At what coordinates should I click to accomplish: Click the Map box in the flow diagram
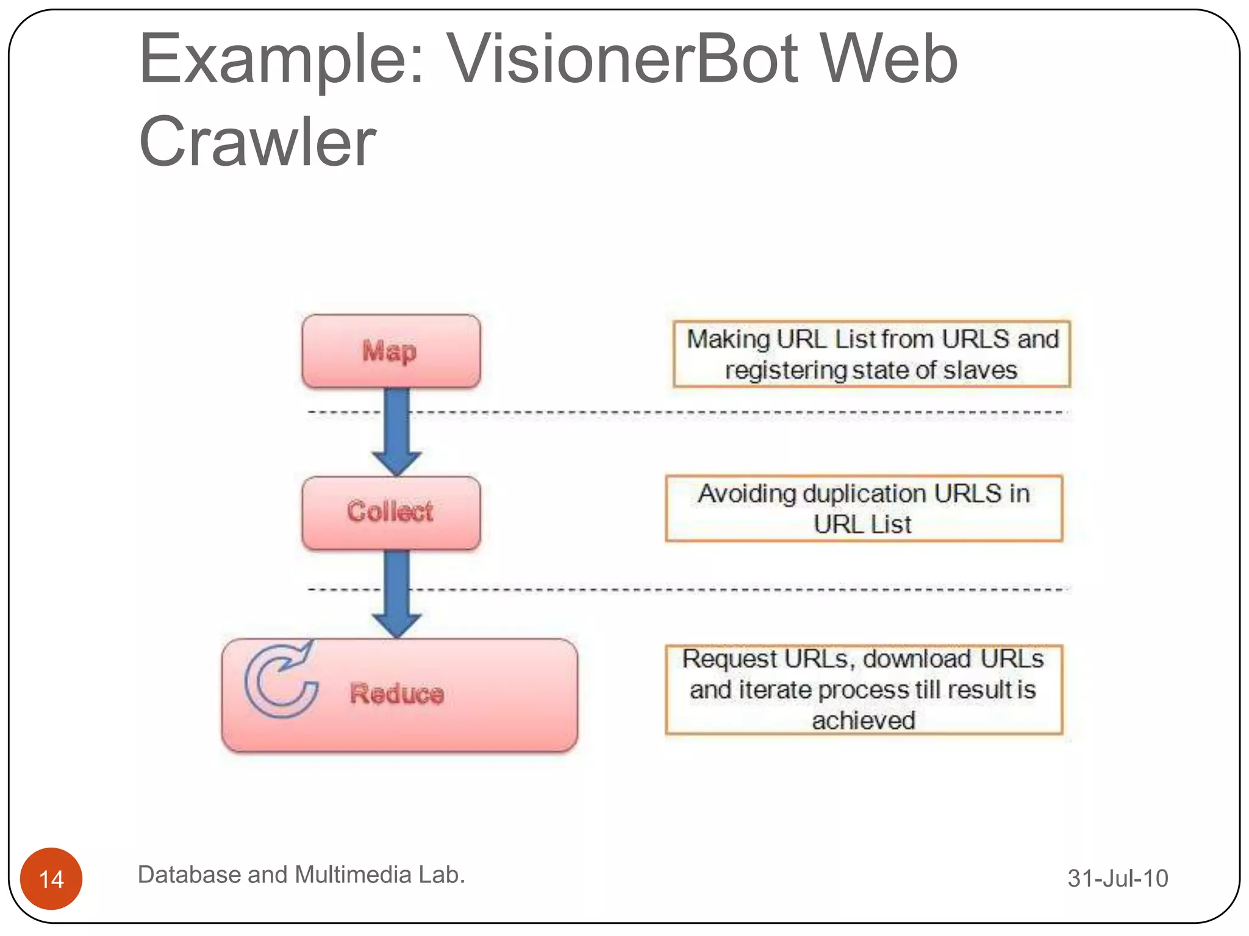pos(391,351)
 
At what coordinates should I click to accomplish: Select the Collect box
pos(391,512)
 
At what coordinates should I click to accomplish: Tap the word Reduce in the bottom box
pos(397,693)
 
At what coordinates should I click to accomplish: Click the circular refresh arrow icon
pos(281,681)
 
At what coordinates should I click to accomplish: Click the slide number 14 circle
pos(51,878)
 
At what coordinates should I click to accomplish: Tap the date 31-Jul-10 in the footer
pos(1117,878)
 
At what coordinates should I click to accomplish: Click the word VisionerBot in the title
pos(622,59)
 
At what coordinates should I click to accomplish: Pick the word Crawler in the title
pos(257,141)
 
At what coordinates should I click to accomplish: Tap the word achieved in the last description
pos(864,720)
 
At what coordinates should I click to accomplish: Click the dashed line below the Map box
pos(732,413)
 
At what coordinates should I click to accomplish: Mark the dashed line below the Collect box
pos(732,589)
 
